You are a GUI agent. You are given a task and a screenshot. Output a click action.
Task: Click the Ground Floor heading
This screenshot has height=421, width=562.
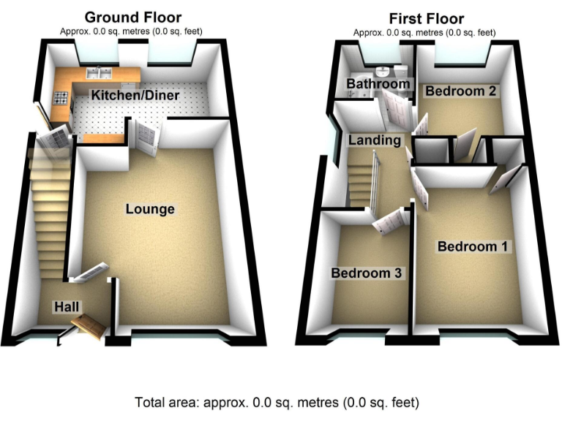[x=132, y=18]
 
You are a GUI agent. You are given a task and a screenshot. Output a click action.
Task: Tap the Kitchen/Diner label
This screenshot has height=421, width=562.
[x=135, y=96]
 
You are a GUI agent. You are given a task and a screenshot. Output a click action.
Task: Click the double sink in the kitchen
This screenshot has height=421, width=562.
[x=95, y=72]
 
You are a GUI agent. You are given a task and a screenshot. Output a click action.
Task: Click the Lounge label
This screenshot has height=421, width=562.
[x=150, y=209]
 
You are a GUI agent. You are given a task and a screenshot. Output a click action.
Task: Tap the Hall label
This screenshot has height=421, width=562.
[x=67, y=306]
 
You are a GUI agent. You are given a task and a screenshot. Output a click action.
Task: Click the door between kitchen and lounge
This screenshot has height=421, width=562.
[x=146, y=137]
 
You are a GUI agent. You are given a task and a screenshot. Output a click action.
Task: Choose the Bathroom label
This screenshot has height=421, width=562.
[x=378, y=84]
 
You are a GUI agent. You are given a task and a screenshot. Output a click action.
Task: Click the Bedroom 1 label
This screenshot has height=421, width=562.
[x=472, y=246]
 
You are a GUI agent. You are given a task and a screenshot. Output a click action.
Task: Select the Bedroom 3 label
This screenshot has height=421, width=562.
[x=367, y=273]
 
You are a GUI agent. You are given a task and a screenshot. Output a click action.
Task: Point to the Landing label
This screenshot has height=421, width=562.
[x=375, y=140]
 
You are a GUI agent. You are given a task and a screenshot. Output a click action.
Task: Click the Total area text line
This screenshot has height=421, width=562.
[x=277, y=401]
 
